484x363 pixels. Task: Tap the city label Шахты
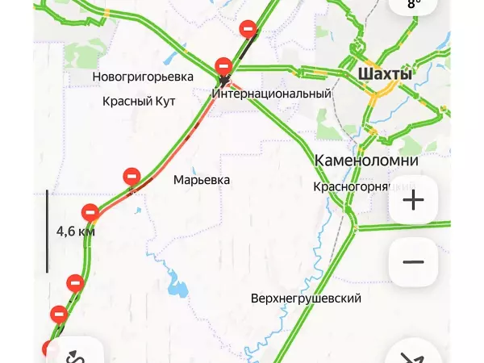(384, 74)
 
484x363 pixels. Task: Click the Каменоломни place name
(366, 160)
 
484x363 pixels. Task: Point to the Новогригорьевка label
(144, 77)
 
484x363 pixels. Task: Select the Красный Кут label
(134, 102)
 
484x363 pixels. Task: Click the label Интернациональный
(272, 94)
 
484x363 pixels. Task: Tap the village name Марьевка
(202, 180)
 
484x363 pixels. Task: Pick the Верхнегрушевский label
(306, 298)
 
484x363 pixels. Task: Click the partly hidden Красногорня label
(352, 186)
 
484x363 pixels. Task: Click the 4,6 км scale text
(75, 232)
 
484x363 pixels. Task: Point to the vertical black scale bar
(47, 231)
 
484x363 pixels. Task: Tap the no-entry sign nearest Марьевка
(131, 176)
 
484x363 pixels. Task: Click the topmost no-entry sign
(249, 29)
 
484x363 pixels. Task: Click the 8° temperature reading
(414, 4)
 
